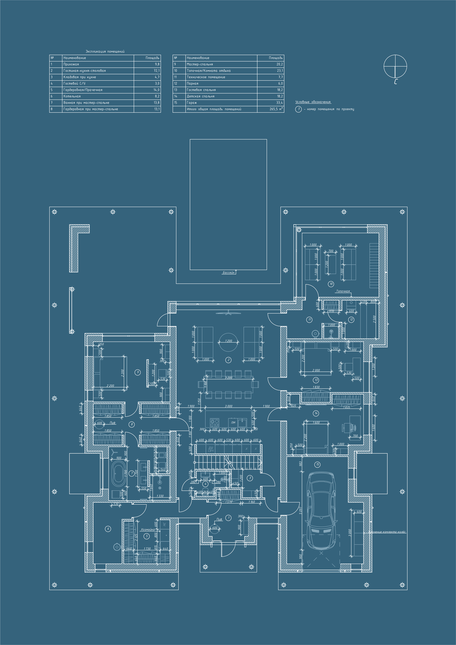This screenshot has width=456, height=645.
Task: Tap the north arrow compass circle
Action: (395, 66)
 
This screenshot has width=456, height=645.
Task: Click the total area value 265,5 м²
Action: (276, 109)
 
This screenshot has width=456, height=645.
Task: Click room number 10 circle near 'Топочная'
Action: (331, 284)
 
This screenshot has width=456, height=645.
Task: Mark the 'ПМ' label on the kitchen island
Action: (233, 423)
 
